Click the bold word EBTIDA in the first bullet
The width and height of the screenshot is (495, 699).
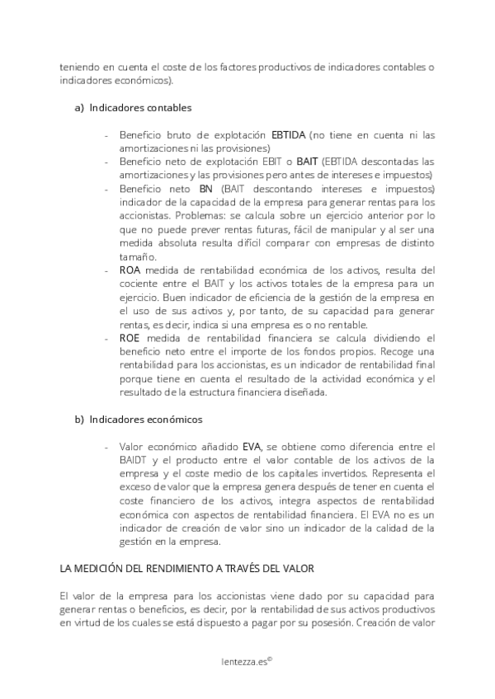(289, 134)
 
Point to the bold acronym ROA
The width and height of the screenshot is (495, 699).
(130, 270)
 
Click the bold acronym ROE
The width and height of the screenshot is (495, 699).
(130, 338)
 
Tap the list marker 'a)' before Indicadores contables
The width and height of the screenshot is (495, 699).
(79, 107)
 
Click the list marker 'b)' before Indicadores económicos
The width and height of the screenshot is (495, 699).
(79, 420)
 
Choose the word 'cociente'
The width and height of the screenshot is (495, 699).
(140, 284)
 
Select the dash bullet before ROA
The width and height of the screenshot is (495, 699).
(106, 270)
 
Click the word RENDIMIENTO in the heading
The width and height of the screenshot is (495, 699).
(182, 569)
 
